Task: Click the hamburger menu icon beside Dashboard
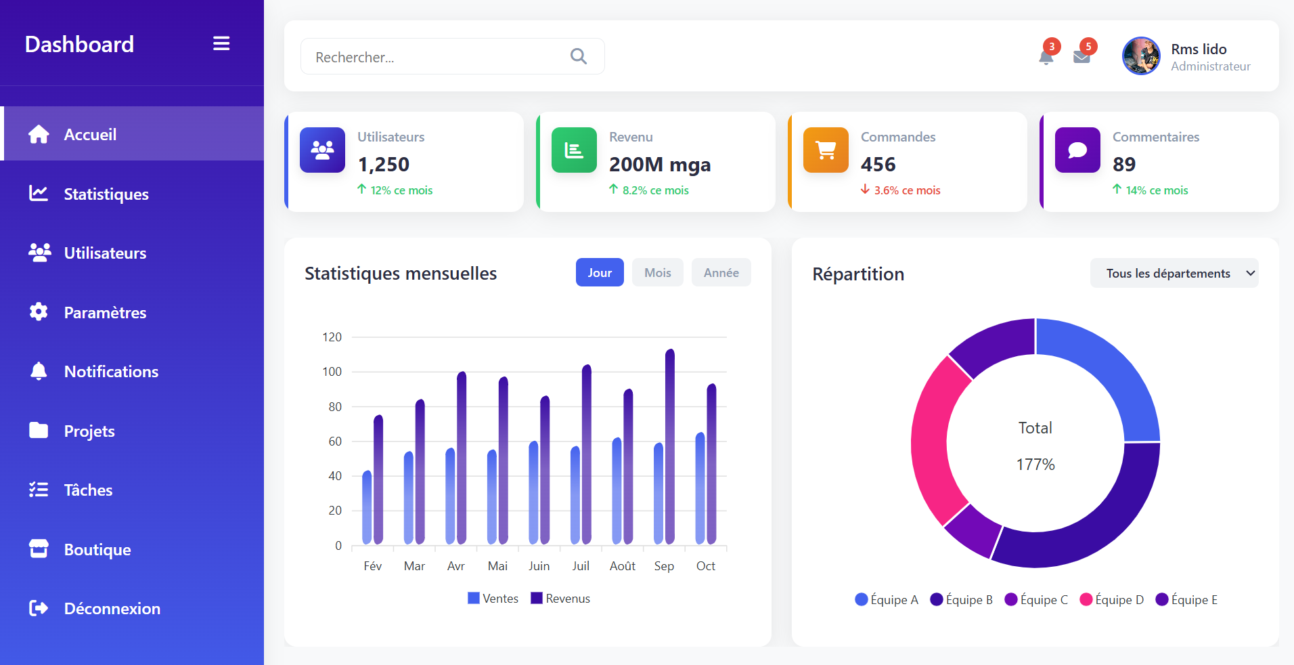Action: click(x=221, y=44)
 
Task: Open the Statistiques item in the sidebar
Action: click(x=106, y=194)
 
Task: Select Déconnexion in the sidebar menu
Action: click(x=112, y=609)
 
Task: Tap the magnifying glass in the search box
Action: click(x=579, y=56)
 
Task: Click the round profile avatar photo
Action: click(x=1141, y=56)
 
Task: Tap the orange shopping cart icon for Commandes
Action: click(x=826, y=150)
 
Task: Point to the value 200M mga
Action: click(x=660, y=165)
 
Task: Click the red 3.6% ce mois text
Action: click(x=907, y=190)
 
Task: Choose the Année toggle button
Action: click(x=721, y=273)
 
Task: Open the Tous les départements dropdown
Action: click(x=1174, y=274)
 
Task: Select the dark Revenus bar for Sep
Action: click(x=670, y=447)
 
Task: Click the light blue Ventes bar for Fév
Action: click(x=367, y=508)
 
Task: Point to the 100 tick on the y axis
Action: click(x=332, y=372)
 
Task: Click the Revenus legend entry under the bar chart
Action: click(x=561, y=599)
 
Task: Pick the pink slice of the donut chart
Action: click(x=930, y=440)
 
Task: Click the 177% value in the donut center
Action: click(x=1035, y=465)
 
